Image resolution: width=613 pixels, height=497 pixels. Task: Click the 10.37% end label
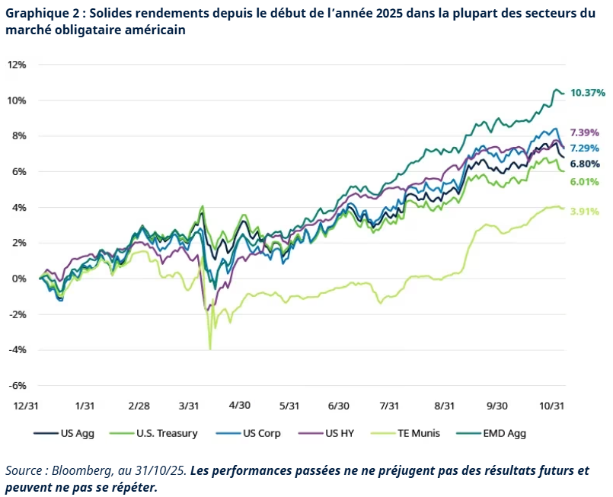click(x=588, y=93)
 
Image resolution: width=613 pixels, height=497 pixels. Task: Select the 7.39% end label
click(x=585, y=132)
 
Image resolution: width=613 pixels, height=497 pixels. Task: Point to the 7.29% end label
click(x=585, y=148)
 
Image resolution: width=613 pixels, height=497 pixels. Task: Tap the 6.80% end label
click(x=585, y=164)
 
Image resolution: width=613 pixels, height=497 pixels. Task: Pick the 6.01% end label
click(x=585, y=182)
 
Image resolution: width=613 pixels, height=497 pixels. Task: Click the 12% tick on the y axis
click(x=18, y=65)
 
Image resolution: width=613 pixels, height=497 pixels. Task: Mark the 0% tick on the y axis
click(x=20, y=279)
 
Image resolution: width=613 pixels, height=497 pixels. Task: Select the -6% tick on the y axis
click(x=18, y=385)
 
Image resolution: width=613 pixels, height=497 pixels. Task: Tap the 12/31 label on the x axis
click(x=27, y=406)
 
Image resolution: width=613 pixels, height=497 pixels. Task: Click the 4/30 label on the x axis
click(x=240, y=406)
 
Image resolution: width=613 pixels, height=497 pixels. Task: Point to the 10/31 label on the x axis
click(x=553, y=406)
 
